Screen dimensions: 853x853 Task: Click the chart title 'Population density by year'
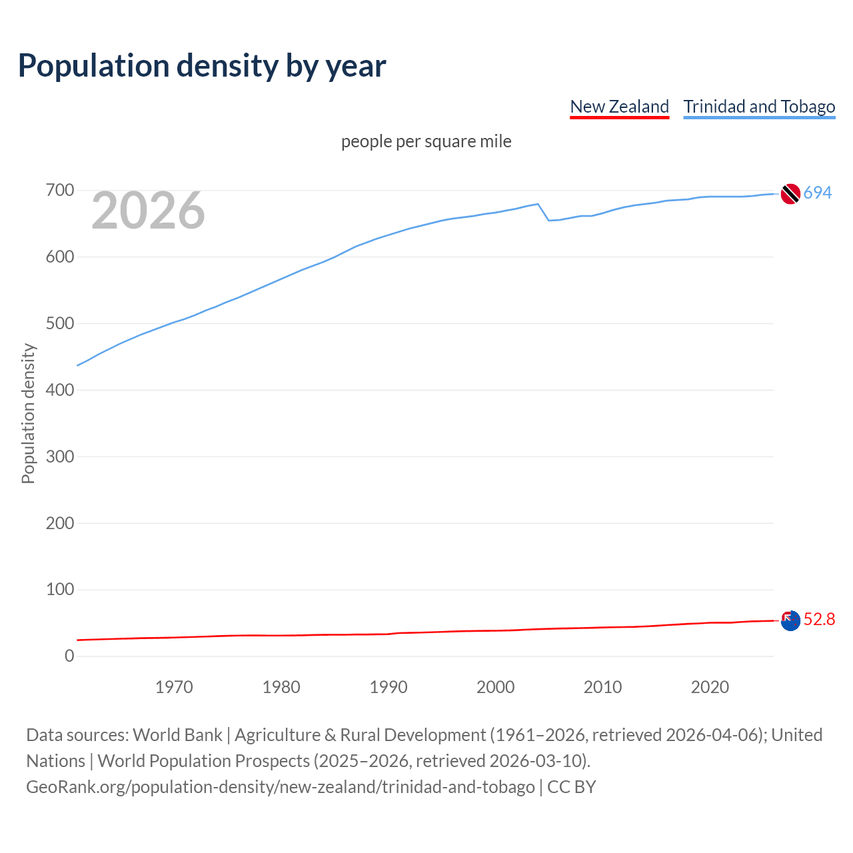pos(202,66)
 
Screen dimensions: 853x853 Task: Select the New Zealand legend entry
pos(619,107)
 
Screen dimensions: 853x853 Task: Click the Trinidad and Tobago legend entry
pos(759,107)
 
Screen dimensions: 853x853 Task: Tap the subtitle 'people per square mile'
pos(426,142)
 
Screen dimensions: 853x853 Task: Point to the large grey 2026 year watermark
pos(148,211)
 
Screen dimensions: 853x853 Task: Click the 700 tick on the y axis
pos(60,191)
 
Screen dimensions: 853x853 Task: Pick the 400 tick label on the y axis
pos(60,390)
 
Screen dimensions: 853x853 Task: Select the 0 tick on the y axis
pos(69,656)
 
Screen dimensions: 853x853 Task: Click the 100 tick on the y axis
pos(60,590)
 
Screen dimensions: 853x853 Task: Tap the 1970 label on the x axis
pos(174,687)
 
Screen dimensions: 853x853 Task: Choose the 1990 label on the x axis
pos(389,687)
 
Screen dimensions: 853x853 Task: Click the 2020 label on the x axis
pos(710,687)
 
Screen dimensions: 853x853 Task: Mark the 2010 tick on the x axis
pos(602,687)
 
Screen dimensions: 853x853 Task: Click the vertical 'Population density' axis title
pos(28,413)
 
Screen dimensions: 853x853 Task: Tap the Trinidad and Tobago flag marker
pos(790,193)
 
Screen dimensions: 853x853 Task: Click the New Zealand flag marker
pos(790,620)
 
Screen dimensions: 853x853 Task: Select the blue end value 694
pos(818,193)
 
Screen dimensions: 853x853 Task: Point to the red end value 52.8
pos(819,620)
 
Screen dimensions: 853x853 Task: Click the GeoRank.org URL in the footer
pos(280,787)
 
